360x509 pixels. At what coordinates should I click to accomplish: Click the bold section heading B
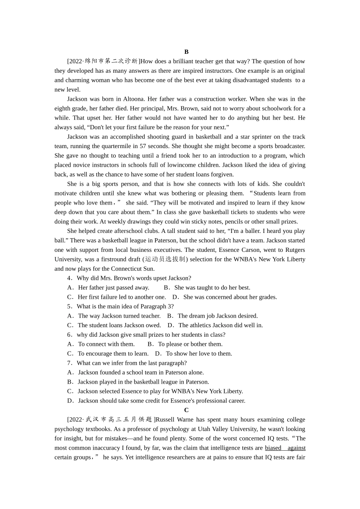pyautogui.click(x=186, y=52)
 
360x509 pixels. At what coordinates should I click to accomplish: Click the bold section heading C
pyautogui.click(x=186, y=410)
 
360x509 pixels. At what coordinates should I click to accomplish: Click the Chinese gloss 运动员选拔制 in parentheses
pyautogui.click(x=165, y=259)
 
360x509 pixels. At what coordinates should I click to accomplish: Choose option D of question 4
pyautogui.click(x=225, y=297)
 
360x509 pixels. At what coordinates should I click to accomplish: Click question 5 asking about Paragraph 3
pyautogui.click(x=120, y=307)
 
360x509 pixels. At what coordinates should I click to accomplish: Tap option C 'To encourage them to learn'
pyautogui.click(x=108, y=354)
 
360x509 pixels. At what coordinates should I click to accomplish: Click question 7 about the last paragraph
pyautogui.click(x=127, y=363)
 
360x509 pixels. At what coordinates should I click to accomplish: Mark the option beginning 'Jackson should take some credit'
pyautogui.click(x=156, y=401)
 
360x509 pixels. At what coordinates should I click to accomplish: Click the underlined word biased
pyautogui.click(x=273, y=448)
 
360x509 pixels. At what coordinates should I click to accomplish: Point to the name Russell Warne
pyautogui.click(x=175, y=420)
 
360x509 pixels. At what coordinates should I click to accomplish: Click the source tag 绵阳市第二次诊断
pyautogui.click(x=111, y=61)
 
